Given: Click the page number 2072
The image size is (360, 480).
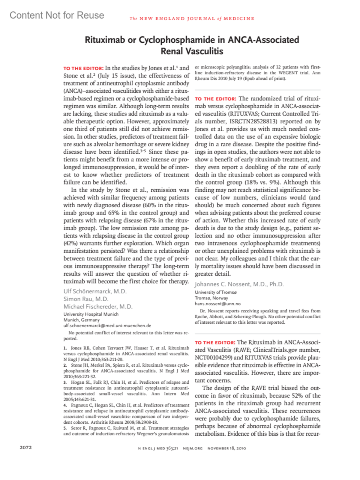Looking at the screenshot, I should click(26, 447).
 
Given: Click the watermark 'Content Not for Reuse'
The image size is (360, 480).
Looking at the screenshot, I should click(57, 15).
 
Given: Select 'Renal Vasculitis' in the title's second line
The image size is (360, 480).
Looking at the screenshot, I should click(192, 51).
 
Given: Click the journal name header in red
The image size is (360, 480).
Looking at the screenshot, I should click(192, 19).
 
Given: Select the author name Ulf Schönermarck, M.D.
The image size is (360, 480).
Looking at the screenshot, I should click(95, 291).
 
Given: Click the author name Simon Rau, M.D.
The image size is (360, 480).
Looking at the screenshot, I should click(86, 299).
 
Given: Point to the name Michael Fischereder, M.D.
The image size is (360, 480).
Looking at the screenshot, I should click(98, 307).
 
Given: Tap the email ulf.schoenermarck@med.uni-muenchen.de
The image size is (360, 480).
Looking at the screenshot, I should click(107, 325).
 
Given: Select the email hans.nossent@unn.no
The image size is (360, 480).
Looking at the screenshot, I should click(217, 304).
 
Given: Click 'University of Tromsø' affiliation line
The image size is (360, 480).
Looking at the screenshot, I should click(216, 292).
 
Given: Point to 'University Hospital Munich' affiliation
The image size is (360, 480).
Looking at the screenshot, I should click(91, 314).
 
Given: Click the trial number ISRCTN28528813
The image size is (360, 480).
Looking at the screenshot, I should click(253, 121).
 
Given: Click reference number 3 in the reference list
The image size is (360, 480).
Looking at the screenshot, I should click(65, 382).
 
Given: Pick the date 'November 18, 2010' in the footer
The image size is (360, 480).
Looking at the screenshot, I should click(227, 448).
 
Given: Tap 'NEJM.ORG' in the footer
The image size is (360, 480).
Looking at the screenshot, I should click(193, 448).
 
